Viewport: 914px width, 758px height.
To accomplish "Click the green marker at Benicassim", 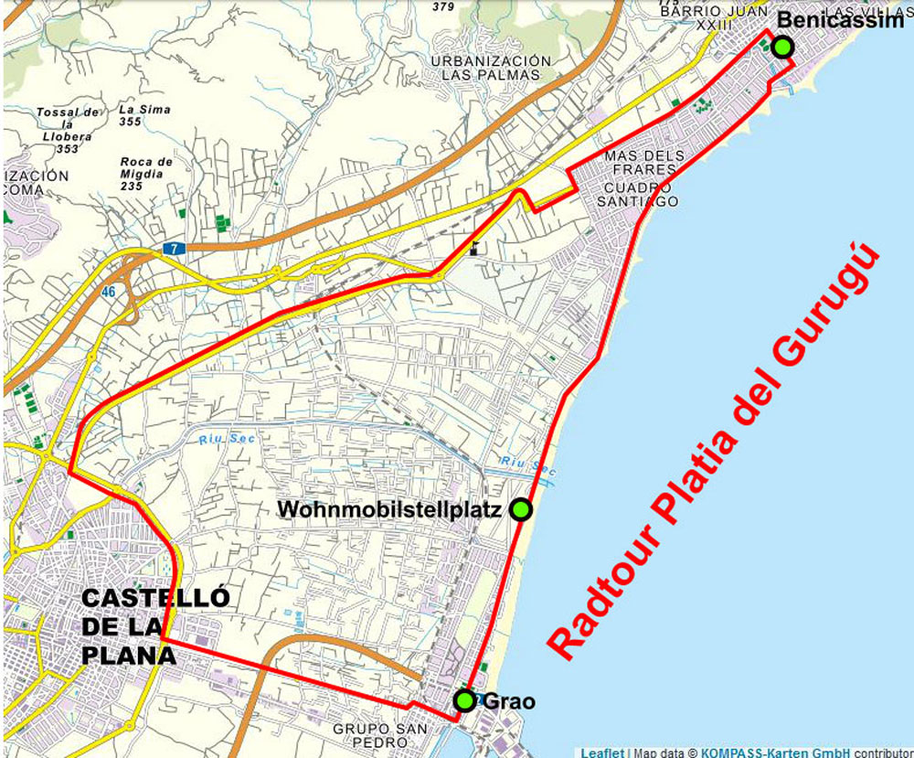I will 781,47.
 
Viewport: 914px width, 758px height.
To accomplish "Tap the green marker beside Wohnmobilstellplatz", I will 520,509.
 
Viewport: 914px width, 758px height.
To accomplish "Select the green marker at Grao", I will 464,701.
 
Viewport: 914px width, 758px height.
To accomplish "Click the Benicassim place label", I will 839,21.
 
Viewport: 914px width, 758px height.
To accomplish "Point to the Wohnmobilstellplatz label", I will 390,509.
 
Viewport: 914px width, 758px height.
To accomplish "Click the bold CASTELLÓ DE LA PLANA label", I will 154,626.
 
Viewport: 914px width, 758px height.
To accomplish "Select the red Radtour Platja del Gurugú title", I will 717,451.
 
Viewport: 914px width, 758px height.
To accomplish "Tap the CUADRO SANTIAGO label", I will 640,194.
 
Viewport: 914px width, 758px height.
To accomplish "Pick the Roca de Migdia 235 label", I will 146,174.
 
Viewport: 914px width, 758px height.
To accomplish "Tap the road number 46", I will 109,292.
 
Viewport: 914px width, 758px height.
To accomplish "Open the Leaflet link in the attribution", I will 602,753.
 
